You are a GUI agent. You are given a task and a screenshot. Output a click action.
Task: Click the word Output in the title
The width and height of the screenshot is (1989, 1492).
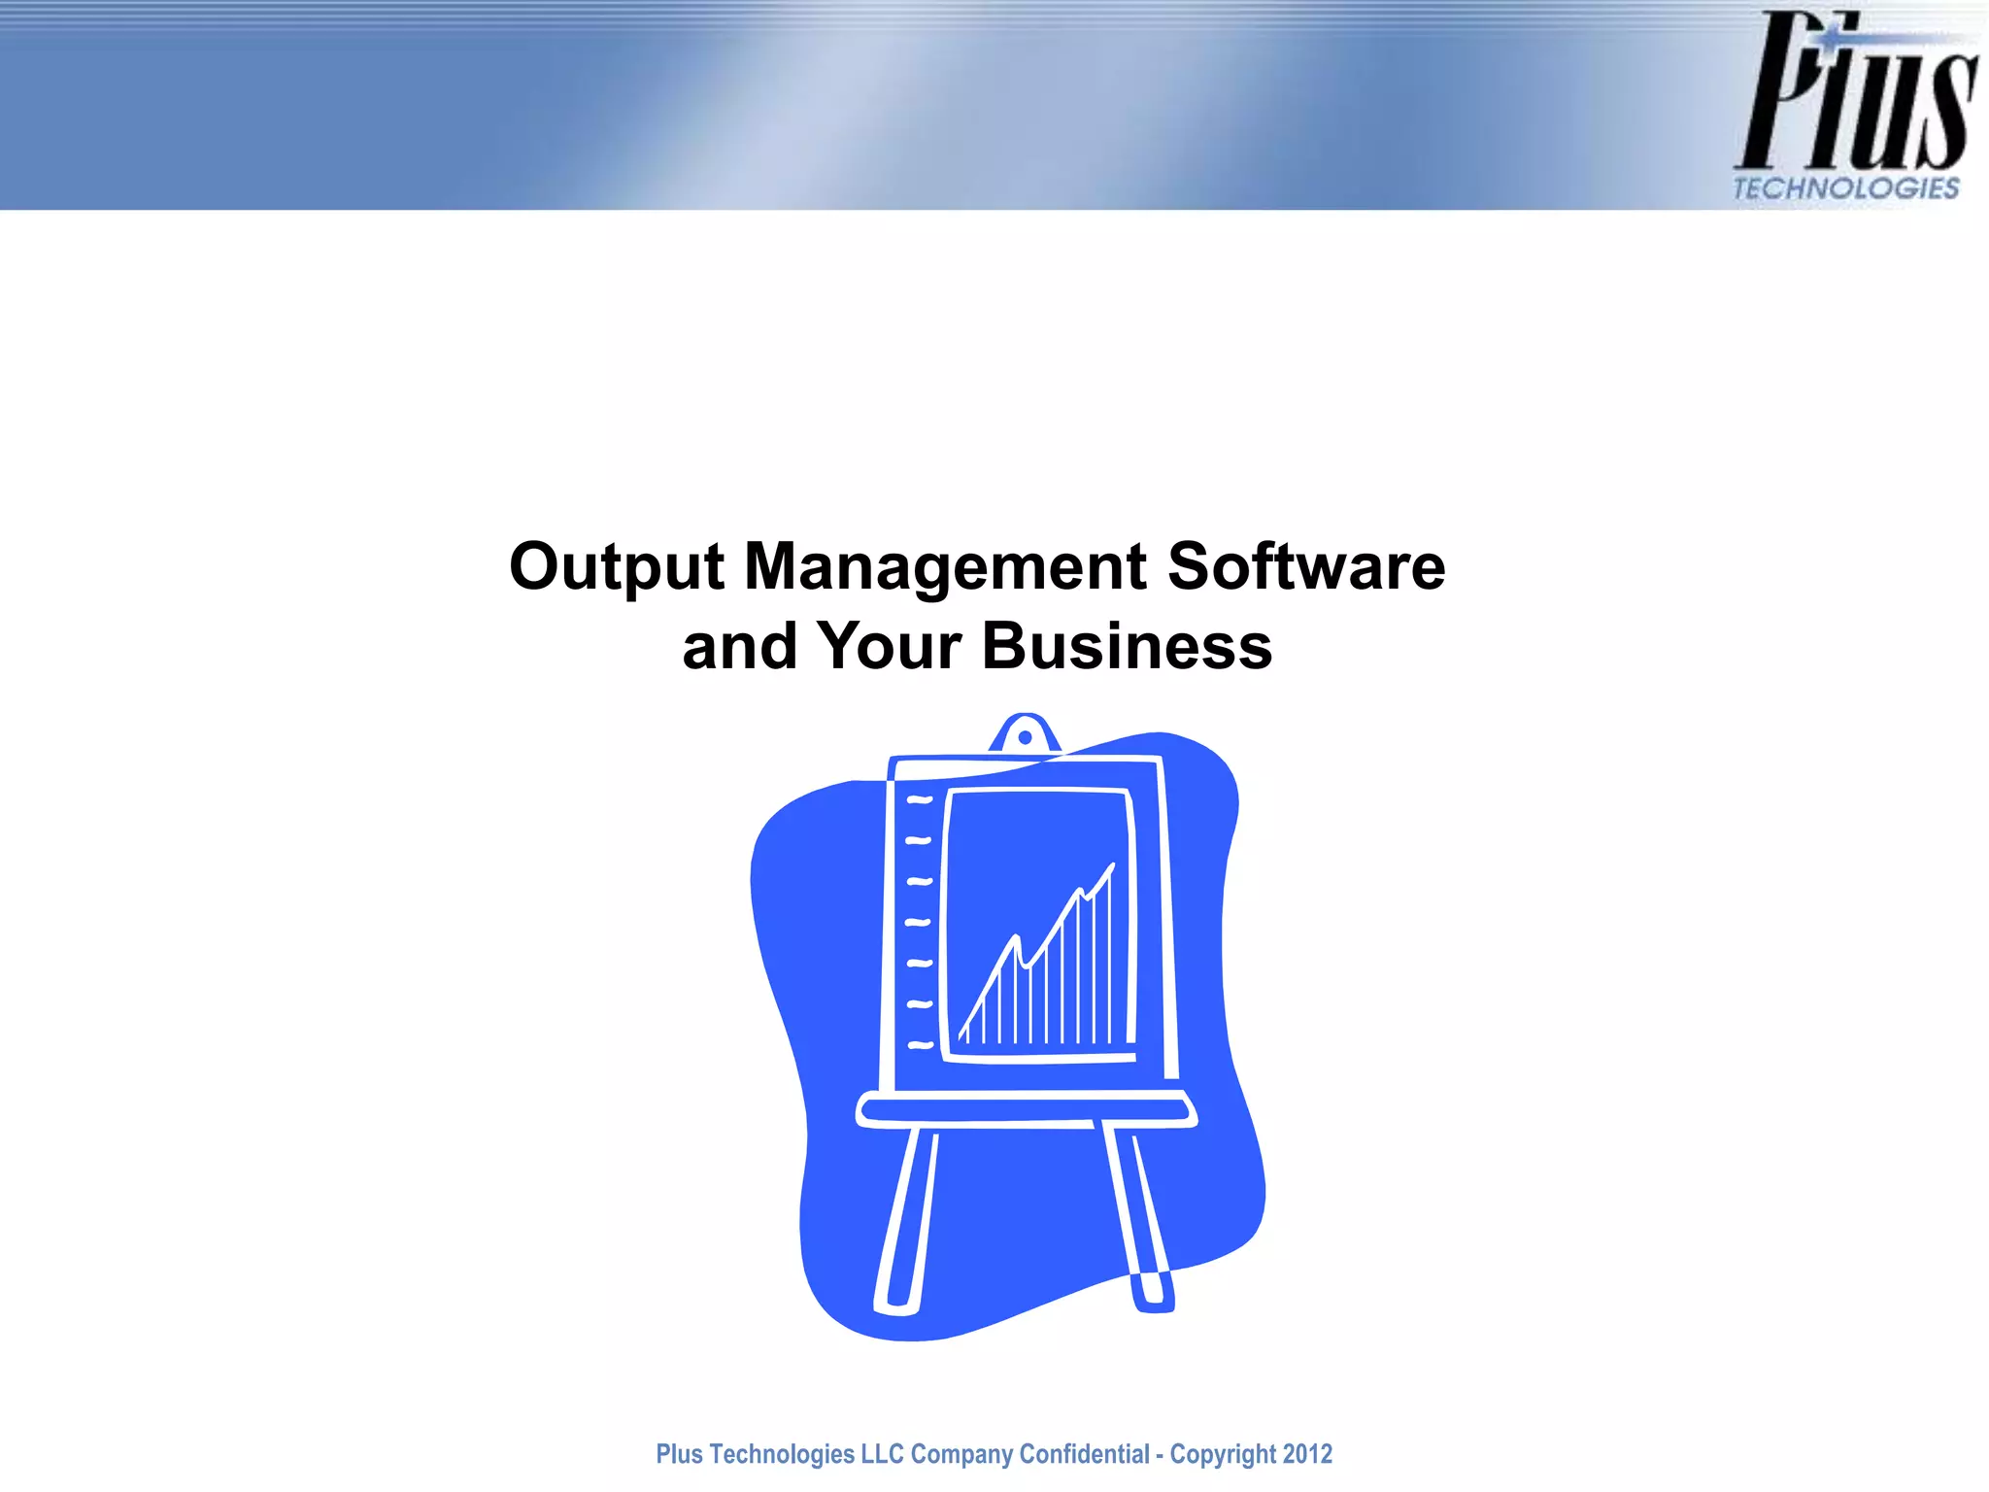tap(617, 567)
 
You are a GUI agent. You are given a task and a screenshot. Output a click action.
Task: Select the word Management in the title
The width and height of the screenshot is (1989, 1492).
tap(945, 567)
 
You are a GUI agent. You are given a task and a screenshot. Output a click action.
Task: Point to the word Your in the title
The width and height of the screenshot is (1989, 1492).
tap(889, 646)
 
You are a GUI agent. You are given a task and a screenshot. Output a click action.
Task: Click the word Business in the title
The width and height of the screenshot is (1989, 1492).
tap(1127, 646)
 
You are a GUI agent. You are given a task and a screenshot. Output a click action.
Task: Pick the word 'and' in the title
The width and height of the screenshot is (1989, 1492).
tap(740, 647)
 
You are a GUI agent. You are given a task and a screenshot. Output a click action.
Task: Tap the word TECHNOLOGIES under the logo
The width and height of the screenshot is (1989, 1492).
tap(1845, 188)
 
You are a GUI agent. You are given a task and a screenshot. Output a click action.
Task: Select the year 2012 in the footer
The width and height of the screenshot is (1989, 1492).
tap(1307, 1454)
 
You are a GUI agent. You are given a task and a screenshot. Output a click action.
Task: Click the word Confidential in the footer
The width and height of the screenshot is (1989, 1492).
tap(1085, 1454)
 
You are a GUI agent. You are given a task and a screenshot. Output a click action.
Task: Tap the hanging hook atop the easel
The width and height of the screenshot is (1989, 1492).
tap(1025, 736)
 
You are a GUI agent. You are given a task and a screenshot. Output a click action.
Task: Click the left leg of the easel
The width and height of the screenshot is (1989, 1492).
tap(906, 1219)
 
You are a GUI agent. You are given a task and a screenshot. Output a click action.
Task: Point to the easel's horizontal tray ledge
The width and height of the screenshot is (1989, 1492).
tap(1026, 1108)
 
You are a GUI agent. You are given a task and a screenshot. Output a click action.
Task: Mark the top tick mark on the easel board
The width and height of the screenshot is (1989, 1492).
tap(919, 800)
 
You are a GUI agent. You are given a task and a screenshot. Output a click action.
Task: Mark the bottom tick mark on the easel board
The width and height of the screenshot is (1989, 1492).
tap(921, 1046)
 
